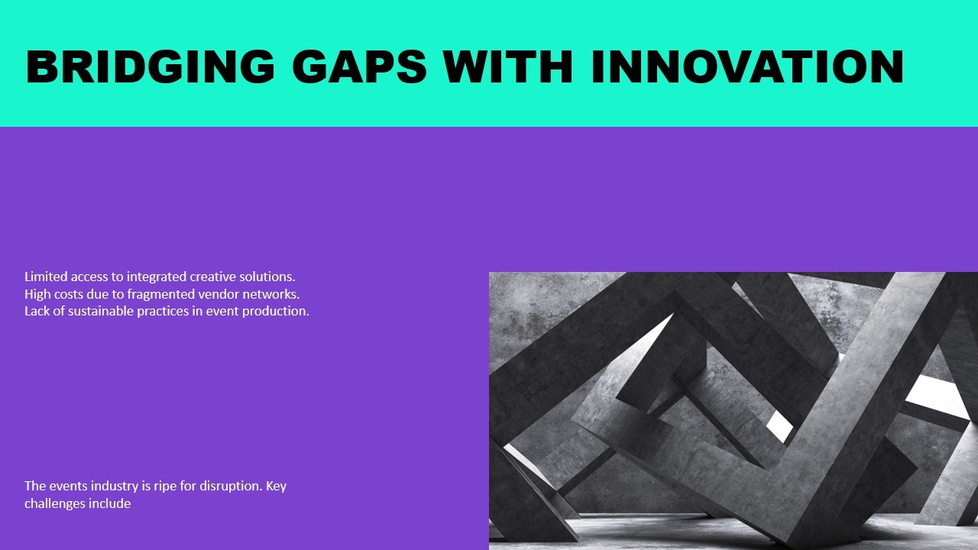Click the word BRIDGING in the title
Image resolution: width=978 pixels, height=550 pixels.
151,66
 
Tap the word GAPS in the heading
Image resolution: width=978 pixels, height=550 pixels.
359,66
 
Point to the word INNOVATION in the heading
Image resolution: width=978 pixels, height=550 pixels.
747,66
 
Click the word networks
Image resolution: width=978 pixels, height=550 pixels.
271,294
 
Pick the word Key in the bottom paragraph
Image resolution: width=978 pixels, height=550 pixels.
277,487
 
